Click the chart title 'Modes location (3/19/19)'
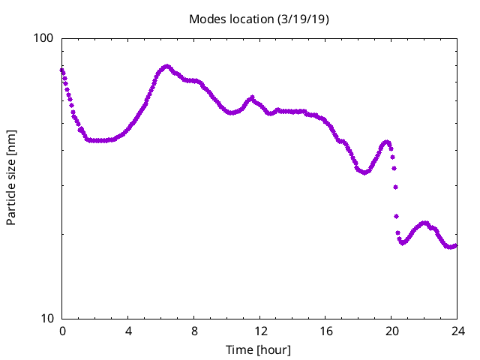259,19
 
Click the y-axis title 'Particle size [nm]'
11,178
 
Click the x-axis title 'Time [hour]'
259,349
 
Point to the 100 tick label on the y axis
46,38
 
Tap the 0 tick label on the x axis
62,331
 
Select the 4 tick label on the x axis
128,331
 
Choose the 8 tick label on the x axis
194,331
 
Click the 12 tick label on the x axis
260,331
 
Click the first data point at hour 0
62,70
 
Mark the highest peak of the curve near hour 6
167,67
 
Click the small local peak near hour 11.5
252,97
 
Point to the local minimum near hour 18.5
365,172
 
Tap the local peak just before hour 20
386,142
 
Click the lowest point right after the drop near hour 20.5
403,242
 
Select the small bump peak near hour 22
425,223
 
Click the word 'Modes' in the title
206,19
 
